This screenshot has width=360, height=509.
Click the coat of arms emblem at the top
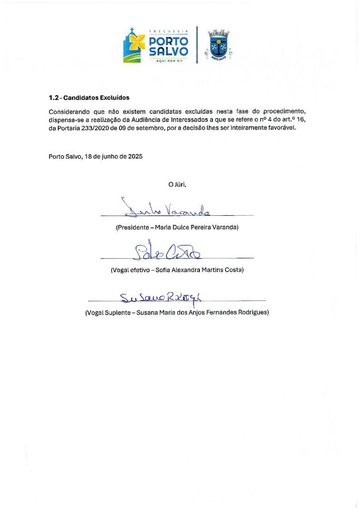click(219, 46)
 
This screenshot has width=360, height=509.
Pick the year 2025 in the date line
click(135, 156)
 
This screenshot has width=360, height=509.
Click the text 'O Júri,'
click(177, 184)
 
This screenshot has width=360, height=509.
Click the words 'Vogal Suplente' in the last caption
click(107, 313)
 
